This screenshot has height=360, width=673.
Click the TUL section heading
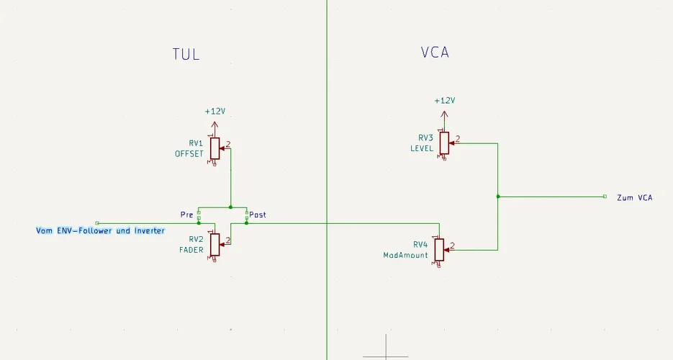click(186, 54)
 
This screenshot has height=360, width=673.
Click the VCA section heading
click(435, 53)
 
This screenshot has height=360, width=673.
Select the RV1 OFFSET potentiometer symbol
click(214, 148)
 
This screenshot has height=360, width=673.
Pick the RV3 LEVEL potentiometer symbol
click(444, 143)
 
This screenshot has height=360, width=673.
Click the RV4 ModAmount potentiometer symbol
click(439, 250)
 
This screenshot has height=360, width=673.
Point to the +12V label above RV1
click(214, 112)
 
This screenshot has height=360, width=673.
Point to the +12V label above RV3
click(445, 101)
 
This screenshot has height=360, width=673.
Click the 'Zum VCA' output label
click(634, 197)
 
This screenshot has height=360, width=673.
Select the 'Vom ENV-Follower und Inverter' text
click(101, 230)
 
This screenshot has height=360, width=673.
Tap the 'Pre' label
click(186, 215)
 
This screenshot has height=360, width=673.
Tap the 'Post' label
click(258, 215)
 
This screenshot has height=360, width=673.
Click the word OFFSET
click(189, 153)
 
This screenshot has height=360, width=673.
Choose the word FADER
click(191, 250)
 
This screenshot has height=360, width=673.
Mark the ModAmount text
click(406, 255)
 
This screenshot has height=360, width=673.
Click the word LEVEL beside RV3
click(422, 148)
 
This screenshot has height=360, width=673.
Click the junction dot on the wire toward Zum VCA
click(497, 196)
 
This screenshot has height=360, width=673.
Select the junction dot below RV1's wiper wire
click(230, 207)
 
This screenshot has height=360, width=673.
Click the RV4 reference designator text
click(420, 244)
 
